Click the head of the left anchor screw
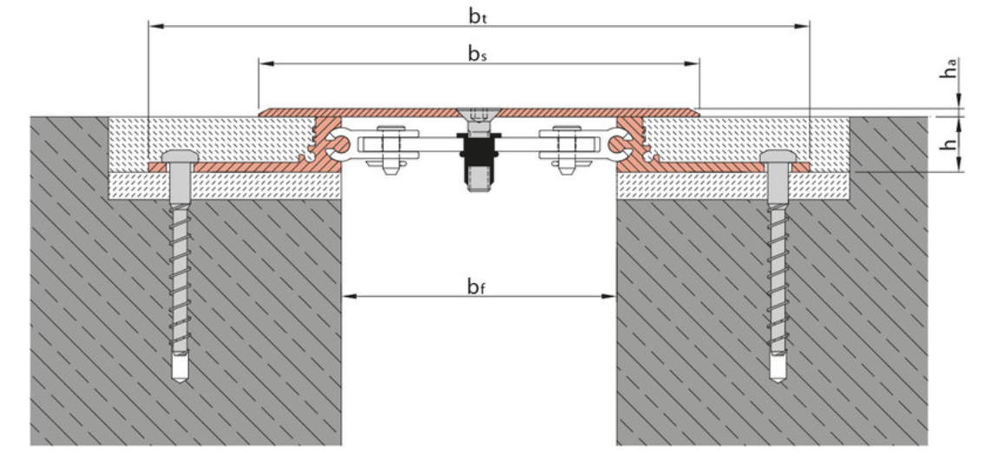tap(178, 156)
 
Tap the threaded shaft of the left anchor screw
tap(180, 278)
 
